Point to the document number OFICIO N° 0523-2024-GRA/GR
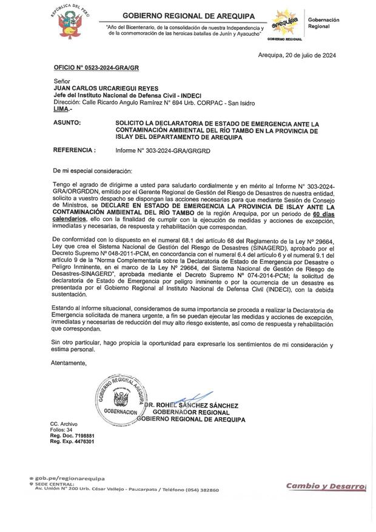click(96, 69)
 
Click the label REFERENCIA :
click(75, 149)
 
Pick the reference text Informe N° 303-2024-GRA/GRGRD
click(163, 150)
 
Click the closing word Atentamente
click(70, 363)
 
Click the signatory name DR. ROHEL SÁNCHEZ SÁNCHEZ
click(192, 405)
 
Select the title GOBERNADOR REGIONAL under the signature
click(191, 412)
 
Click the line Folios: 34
click(61, 429)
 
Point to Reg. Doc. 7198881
click(72, 436)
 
